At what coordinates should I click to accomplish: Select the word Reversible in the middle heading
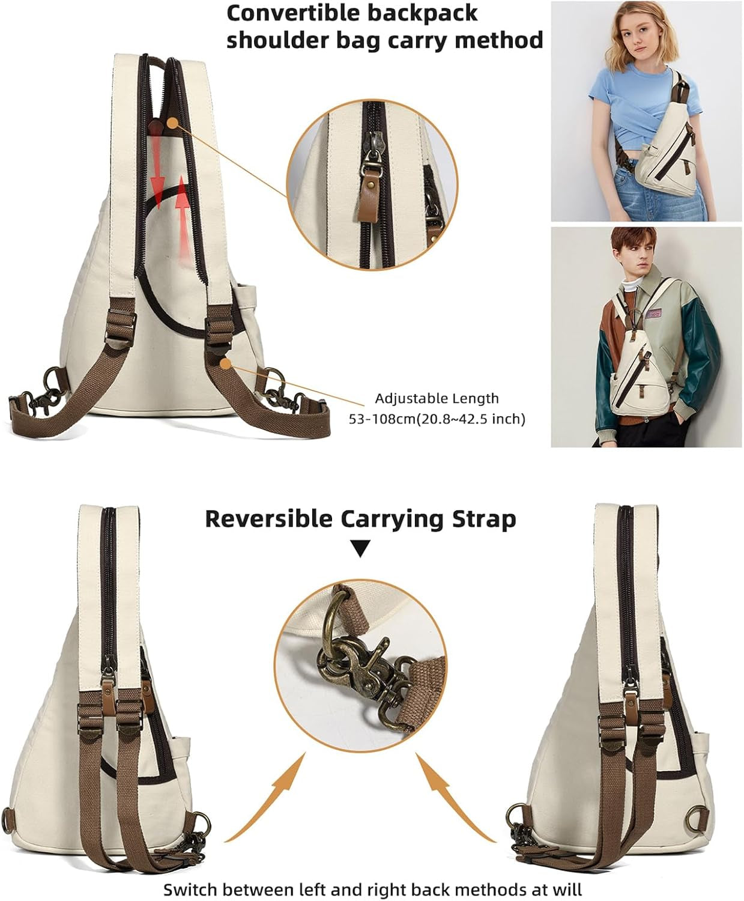tap(268, 519)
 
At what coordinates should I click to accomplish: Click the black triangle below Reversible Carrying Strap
tap(360, 548)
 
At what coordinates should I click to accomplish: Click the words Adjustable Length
tap(437, 398)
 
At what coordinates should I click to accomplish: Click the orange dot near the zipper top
tap(172, 123)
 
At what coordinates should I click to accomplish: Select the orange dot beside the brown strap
tap(225, 364)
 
